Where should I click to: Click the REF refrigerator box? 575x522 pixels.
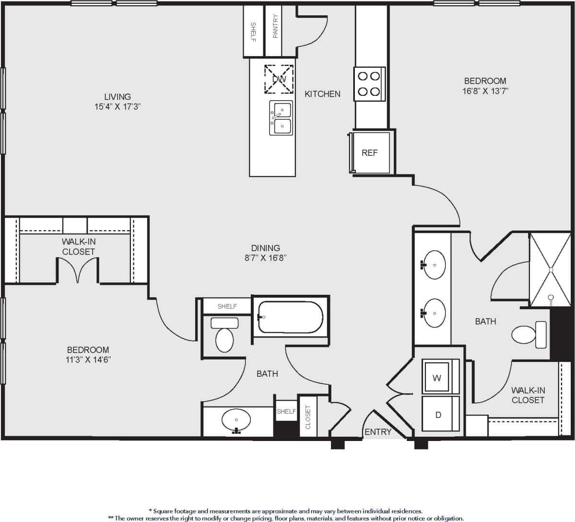point(370,153)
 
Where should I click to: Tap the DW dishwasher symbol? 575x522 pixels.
point(279,79)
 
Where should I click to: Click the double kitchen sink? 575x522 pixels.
point(282,118)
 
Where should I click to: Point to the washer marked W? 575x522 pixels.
point(437,377)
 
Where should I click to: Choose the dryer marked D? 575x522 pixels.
point(438,414)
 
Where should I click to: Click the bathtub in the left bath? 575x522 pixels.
point(290,317)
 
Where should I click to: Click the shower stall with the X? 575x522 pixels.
point(550,270)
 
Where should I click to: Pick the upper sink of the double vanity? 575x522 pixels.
point(434,264)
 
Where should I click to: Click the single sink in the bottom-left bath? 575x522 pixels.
point(236,420)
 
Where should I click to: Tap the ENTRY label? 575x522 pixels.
point(378,432)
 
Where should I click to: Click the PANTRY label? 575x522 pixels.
point(275,26)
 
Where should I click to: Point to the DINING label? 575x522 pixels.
point(266,248)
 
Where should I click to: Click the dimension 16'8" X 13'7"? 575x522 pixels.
point(485,91)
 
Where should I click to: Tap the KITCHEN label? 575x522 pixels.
point(322,94)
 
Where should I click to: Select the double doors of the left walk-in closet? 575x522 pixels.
point(78,271)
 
